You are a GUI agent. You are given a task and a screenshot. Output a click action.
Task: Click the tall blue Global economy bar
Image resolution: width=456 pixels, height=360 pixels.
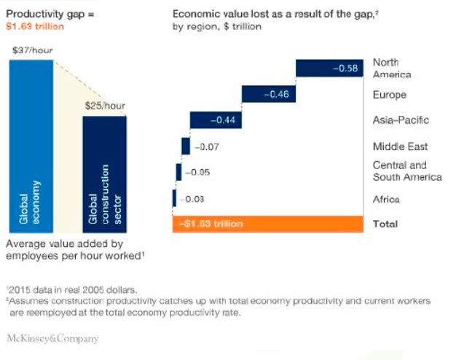click(31, 146)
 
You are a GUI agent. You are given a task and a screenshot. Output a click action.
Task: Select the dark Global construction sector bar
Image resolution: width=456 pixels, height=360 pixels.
click(104, 173)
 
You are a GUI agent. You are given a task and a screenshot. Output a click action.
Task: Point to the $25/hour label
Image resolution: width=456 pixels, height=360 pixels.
click(105, 106)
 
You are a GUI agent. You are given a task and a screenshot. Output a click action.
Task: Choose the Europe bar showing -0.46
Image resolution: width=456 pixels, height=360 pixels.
click(268, 94)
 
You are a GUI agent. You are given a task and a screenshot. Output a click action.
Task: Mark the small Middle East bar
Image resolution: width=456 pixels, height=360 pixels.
click(186, 146)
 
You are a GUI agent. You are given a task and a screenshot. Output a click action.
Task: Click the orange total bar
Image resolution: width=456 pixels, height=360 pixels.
click(267, 224)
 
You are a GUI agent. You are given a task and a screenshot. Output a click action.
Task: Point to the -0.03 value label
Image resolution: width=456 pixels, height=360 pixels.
click(191, 199)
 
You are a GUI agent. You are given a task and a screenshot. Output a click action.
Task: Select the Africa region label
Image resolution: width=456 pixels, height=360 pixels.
click(387, 199)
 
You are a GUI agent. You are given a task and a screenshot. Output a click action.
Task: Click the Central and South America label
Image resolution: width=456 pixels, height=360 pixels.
click(407, 171)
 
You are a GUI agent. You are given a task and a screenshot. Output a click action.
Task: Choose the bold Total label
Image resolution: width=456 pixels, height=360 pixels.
click(385, 224)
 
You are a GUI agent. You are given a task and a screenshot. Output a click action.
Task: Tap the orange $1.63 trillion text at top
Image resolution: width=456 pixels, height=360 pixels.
click(34, 26)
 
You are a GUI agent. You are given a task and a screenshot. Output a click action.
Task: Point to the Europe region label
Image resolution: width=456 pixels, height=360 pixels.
click(390, 95)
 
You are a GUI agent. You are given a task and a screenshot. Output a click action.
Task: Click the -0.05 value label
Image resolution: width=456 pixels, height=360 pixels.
click(196, 173)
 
